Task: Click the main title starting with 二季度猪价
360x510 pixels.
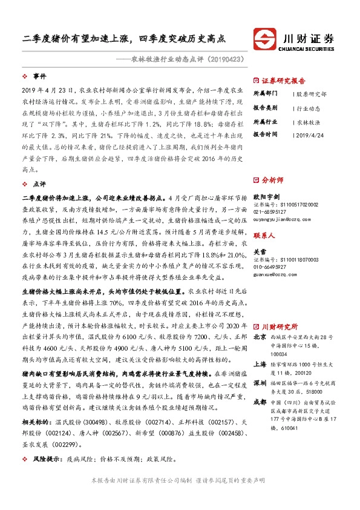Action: tap(124, 38)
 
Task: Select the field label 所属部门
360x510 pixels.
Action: tap(265, 94)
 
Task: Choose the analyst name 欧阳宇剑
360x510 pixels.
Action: tap(267, 196)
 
